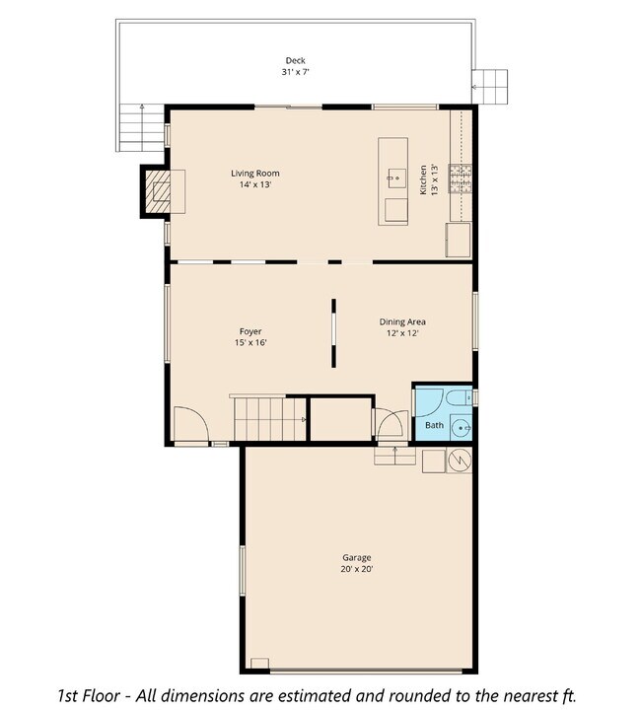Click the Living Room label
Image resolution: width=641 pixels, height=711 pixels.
point(255,174)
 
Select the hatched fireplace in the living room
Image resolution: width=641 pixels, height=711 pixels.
point(159,190)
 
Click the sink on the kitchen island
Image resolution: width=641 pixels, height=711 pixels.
point(396,178)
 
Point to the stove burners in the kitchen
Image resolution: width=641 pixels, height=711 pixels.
point(461,178)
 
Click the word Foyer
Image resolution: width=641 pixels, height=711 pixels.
point(250,331)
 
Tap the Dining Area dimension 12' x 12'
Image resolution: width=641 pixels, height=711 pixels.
point(402,333)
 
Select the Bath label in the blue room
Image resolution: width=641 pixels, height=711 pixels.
point(434,426)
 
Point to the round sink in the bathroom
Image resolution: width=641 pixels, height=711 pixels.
point(462,427)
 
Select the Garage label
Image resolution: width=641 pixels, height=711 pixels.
point(357,557)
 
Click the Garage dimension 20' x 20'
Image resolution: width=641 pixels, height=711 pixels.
point(357,569)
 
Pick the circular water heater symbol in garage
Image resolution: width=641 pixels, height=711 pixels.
point(460,461)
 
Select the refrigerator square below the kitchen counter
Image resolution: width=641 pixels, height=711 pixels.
point(459,240)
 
